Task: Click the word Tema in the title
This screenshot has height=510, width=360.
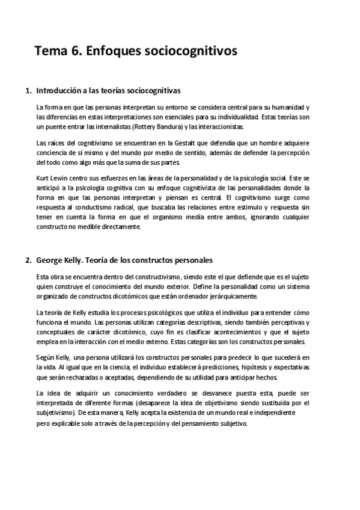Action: click(50, 52)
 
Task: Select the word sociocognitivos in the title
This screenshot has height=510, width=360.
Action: click(192, 52)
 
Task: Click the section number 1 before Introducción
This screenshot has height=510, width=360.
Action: click(27, 91)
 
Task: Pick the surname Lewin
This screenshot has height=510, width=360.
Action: click(62, 179)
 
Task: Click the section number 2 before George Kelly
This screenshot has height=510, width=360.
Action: click(27, 260)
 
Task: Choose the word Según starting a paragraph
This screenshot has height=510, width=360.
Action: click(46, 357)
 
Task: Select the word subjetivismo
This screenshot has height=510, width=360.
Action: click(56, 413)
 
